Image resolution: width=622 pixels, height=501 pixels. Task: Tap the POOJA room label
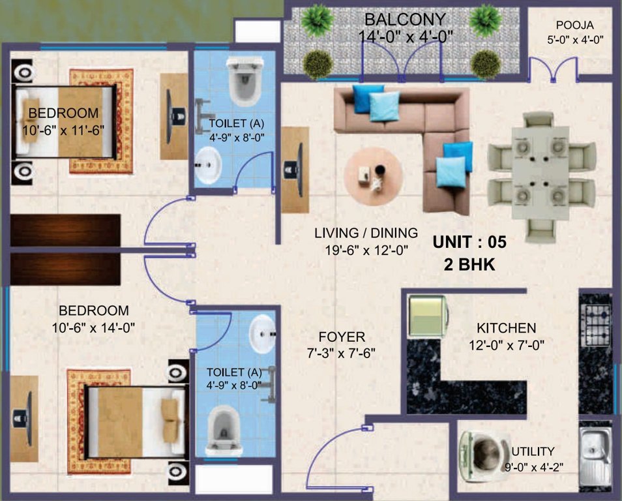click(574, 26)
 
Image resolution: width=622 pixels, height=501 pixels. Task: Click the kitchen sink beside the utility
click(595, 457)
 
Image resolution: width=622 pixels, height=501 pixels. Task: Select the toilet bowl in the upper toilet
click(244, 81)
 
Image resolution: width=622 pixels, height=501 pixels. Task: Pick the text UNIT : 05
click(469, 242)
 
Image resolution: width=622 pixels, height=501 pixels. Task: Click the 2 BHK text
click(469, 266)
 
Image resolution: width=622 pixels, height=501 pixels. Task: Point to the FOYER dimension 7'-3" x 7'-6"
click(342, 354)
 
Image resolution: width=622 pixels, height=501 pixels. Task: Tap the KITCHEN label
click(506, 328)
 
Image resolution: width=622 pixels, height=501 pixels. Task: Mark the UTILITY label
click(533, 451)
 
